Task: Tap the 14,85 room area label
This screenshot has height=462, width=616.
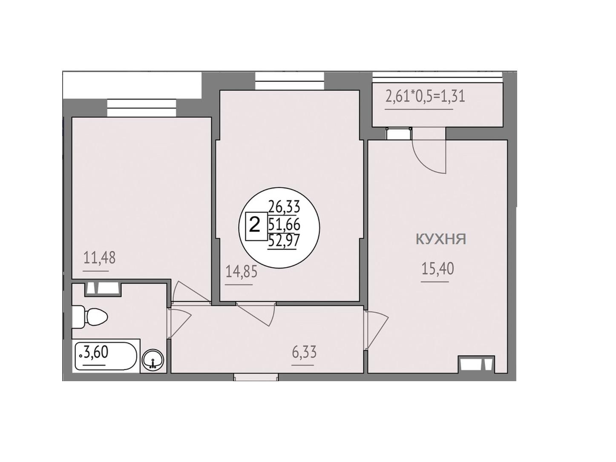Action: coord(242,271)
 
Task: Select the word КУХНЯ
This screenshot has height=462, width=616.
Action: coord(440,240)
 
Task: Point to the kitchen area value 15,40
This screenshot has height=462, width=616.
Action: coord(438,269)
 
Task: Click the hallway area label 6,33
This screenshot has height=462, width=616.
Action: coord(304,352)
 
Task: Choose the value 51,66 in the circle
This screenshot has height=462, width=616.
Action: coord(284,224)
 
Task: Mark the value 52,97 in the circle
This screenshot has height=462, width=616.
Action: coord(283,240)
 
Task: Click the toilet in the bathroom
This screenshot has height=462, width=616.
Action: coord(90,317)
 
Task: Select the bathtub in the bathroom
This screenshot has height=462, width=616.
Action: coord(106,355)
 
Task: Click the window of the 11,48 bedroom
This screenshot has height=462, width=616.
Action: coord(141,108)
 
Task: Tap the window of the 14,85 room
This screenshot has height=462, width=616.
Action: coord(290,81)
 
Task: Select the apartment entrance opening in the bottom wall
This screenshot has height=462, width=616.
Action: coord(256,377)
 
